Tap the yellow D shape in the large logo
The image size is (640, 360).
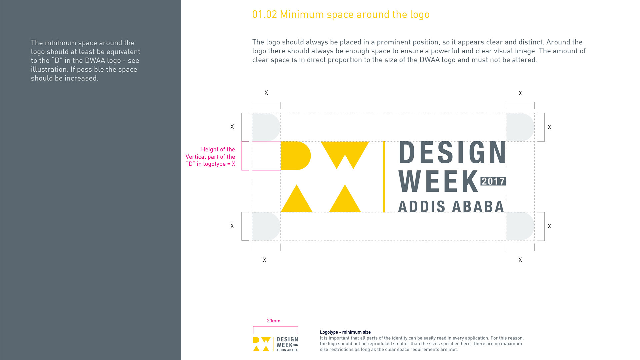295,156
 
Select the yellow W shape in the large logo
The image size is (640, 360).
345,155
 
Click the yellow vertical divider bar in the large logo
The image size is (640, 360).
384,177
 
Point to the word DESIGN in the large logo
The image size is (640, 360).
452,152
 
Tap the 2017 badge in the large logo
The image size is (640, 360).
493,181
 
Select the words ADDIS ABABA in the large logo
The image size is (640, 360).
451,207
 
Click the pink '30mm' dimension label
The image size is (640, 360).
273,321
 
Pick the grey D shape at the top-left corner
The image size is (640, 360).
266,127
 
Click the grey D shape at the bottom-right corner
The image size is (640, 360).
520,226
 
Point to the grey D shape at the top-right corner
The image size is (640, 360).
520,127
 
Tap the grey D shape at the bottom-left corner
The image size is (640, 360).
266,226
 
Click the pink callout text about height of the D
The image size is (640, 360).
210,157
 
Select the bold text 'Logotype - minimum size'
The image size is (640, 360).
345,332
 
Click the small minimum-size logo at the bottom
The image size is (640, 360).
276,344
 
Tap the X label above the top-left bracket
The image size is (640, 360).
266,93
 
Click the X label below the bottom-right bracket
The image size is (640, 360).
520,260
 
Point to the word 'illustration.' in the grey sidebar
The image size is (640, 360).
49,69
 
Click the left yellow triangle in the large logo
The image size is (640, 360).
296,199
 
